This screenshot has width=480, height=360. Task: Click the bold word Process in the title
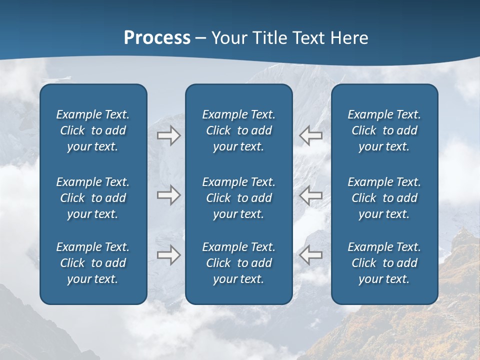tap(157, 38)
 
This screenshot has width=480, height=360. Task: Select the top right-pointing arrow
tap(168, 135)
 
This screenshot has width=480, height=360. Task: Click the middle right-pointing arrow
tap(168, 195)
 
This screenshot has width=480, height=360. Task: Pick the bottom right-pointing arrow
tap(168, 255)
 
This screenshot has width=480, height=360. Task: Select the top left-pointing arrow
tap(311, 135)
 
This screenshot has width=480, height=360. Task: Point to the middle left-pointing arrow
tap(311, 195)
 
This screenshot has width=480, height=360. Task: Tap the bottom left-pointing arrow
tap(311, 255)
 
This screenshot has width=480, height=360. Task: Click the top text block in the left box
tap(93, 130)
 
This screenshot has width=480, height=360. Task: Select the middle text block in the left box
tap(93, 198)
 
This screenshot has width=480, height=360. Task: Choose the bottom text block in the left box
tap(93, 263)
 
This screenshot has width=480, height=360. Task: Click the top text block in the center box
tap(239, 130)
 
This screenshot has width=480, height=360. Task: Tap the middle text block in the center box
tap(239, 198)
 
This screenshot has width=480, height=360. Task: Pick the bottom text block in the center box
tap(239, 263)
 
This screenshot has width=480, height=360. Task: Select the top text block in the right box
tap(384, 130)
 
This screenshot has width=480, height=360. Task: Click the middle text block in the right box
tap(384, 198)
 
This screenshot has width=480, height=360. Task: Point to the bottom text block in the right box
tap(384, 263)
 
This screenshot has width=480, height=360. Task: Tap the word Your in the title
tap(229, 38)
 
